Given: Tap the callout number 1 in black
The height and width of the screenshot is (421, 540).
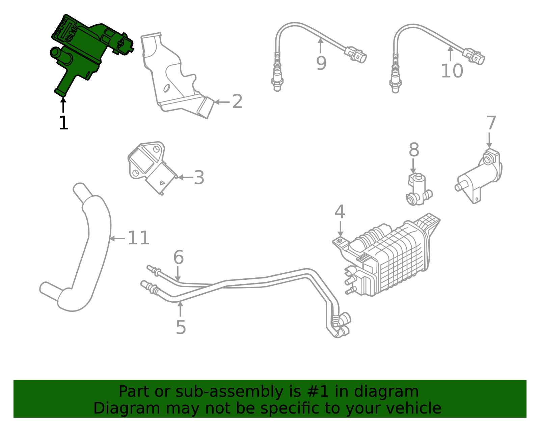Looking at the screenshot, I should click(x=63, y=123).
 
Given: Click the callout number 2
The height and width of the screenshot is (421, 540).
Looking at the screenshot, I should click(x=237, y=101).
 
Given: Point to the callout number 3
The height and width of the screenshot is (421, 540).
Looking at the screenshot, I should click(x=199, y=178).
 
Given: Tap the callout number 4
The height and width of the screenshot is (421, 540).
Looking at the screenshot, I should click(x=340, y=212).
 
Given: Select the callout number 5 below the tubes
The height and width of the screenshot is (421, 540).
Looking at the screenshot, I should click(x=181, y=327).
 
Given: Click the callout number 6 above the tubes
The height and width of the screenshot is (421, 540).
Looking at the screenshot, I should click(x=178, y=258).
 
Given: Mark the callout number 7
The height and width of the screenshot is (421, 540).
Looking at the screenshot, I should click(x=491, y=123).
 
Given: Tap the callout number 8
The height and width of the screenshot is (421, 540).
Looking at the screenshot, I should click(x=414, y=150).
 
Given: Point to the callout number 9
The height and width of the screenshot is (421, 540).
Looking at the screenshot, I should click(x=321, y=63).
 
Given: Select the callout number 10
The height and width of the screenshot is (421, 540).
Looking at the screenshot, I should click(x=452, y=71).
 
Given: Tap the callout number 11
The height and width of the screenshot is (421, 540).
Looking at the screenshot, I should click(x=138, y=238).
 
